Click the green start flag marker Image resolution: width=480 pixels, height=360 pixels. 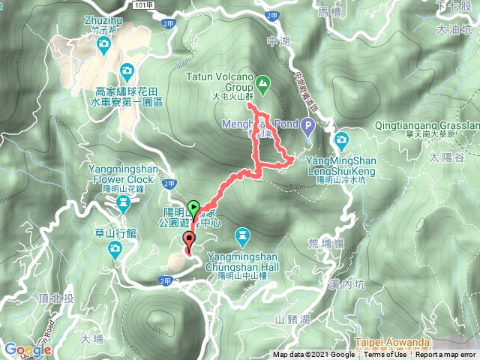point(194,208)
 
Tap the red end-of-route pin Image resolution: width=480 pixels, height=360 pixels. point(188,241)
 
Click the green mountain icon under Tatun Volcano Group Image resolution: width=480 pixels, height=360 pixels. point(262,81)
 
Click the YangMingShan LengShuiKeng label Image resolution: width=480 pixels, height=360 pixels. point(342,164)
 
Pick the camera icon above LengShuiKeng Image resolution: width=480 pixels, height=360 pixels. point(342,139)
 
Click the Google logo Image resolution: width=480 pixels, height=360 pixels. point(26,349)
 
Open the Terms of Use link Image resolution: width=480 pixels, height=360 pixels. point(385,355)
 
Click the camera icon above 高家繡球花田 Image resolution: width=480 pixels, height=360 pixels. point(127,71)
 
